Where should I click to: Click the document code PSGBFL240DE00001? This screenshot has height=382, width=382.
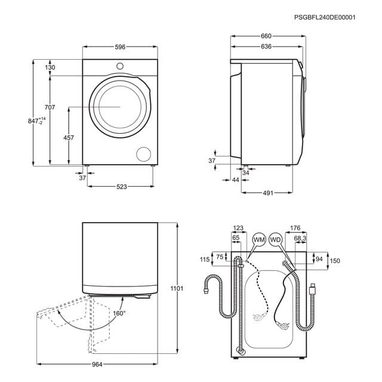click(x=325, y=18)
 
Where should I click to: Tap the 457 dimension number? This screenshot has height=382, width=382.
click(x=69, y=138)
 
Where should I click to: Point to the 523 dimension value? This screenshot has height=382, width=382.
click(x=122, y=187)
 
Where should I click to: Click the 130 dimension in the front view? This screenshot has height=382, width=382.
click(x=50, y=67)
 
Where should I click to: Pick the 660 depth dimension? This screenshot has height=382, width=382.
click(x=266, y=36)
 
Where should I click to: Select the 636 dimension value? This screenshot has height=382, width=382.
click(x=266, y=47)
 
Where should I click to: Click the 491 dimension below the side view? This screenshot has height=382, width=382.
click(x=267, y=193)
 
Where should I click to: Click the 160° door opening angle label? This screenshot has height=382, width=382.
click(x=119, y=313)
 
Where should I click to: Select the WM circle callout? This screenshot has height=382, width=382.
click(x=259, y=239)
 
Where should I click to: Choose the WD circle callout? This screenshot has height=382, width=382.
click(x=275, y=239)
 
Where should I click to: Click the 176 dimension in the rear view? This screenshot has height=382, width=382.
click(x=295, y=227)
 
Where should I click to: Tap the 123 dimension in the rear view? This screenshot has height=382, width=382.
click(x=238, y=227)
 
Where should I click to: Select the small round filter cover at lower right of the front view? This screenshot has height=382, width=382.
click(x=144, y=153)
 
